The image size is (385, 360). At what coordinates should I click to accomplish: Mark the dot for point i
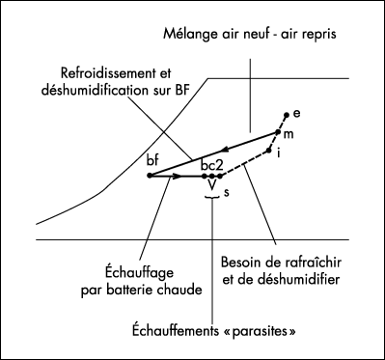pos(268,150)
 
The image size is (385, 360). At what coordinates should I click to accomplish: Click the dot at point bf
pos(151,176)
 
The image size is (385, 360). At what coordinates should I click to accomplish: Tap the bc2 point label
pos(212,165)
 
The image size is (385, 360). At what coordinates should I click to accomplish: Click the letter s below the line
pos(226,193)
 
